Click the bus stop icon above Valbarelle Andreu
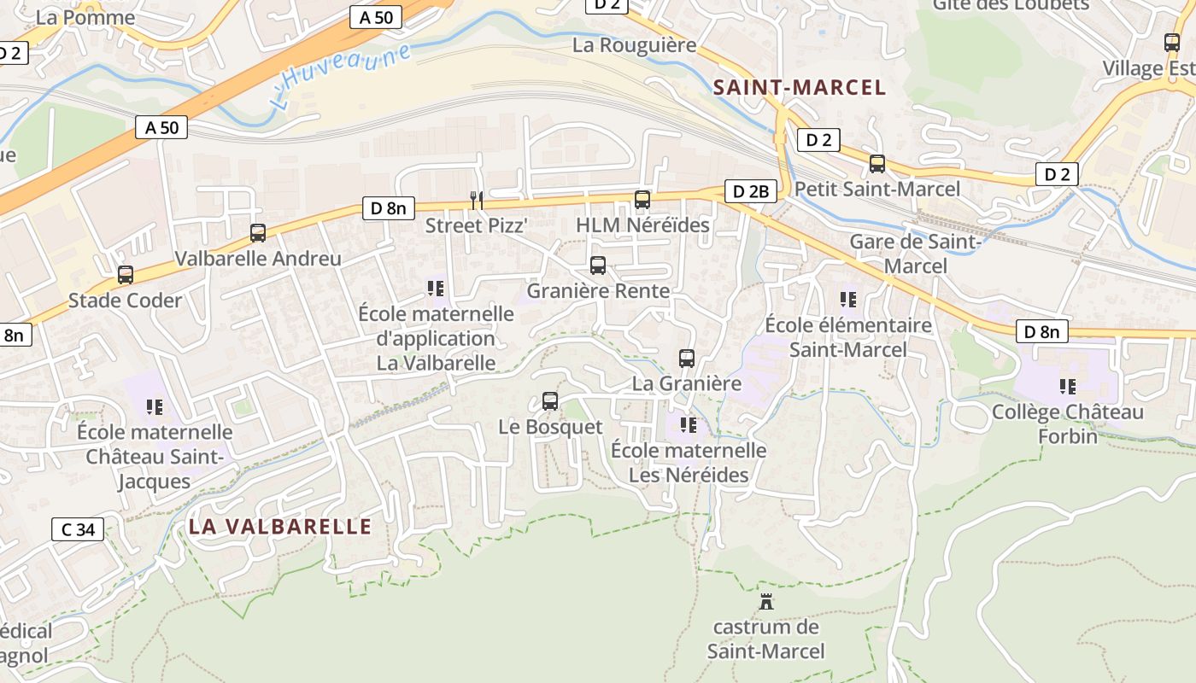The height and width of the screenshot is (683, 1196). (x=257, y=232)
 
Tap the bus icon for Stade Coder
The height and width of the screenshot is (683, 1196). (x=126, y=275)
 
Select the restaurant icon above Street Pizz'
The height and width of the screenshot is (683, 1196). (x=477, y=200)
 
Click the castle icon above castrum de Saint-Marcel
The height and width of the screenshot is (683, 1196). (x=766, y=601)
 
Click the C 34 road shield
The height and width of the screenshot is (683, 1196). (x=78, y=529)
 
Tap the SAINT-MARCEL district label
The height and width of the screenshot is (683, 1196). (x=800, y=87)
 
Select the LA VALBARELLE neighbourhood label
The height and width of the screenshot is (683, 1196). (x=280, y=526)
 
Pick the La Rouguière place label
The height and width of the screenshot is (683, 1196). (x=635, y=45)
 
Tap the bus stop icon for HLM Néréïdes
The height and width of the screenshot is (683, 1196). (x=642, y=200)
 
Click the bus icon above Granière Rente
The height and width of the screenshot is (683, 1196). (x=598, y=266)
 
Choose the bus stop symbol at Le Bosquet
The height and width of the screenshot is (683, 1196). (x=550, y=400)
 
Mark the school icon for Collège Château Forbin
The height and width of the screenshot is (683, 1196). (x=1067, y=387)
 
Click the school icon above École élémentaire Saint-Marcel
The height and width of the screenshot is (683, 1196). (x=847, y=299)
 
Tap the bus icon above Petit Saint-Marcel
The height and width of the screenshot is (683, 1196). (x=877, y=163)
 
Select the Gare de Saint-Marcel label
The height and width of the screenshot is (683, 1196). (x=916, y=254)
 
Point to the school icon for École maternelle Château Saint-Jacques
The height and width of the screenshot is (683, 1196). (x=154, y=406)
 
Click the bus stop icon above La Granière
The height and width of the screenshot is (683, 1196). (x=687, y=359)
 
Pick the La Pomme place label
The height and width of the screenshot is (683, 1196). (x=85, y=17)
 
